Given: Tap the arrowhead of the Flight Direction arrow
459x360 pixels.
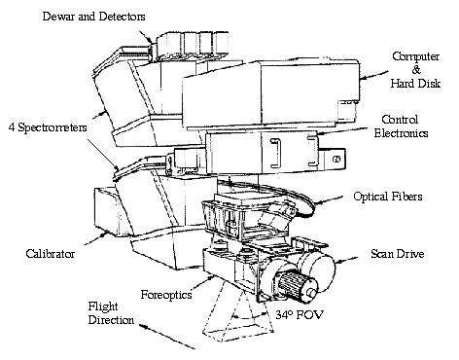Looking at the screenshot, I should [181, 348].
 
